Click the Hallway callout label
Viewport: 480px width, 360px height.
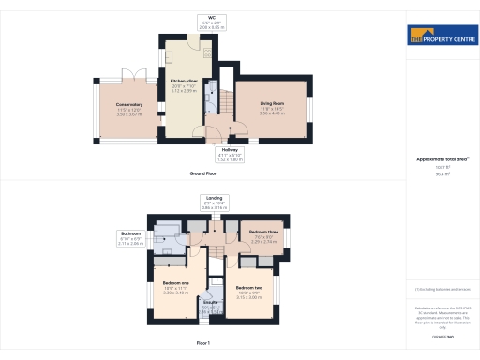pos(230,149)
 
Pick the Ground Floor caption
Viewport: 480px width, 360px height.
pos(203,175)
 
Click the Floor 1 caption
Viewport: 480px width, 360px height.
pos(203,344)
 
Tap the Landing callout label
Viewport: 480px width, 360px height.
pos(216,197)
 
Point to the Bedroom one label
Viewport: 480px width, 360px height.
pos(176,282)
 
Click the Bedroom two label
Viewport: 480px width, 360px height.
pos(247,287)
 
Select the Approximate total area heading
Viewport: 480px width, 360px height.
pos(442,159)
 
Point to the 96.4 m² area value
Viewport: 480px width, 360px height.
pos(442,173)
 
